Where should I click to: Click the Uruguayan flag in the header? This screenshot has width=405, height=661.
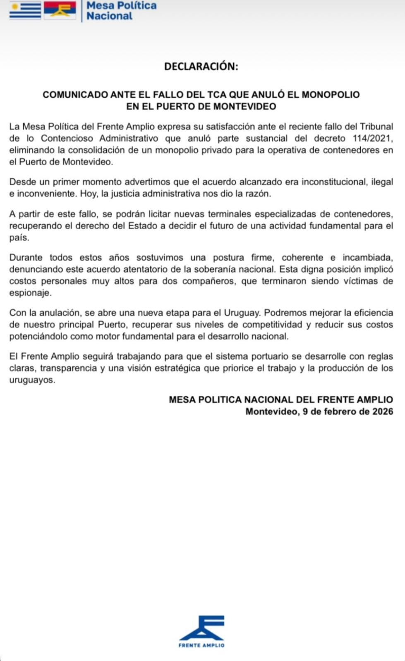point(25,10)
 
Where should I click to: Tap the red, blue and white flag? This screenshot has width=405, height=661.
point(60,10)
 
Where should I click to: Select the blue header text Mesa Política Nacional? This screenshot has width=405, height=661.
point(121,11)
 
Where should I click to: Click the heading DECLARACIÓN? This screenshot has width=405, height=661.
point(201,67)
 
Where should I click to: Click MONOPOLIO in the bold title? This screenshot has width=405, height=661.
point(331,95)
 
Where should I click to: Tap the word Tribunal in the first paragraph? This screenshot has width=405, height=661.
point(376,126)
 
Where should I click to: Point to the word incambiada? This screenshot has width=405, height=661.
point(367,257)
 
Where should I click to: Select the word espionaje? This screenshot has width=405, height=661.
point(30,293)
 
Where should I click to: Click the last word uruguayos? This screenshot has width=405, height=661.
point(32,380)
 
